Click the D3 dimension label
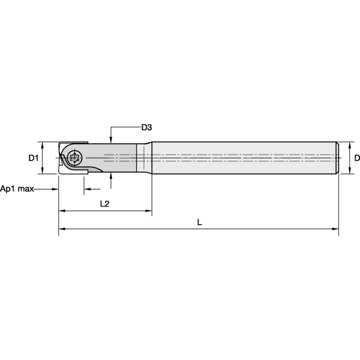(146, 127)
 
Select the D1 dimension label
(34, 158)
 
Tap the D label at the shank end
(356, 158)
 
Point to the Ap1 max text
(17, 188)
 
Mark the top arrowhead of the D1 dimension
(41, 145)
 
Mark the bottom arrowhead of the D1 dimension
(41, 172)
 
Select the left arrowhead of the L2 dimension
(61, 211)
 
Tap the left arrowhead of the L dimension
(61, 229)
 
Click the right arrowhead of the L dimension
(336, 229)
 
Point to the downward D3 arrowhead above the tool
(112, 139)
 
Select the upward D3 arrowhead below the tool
(112, 177)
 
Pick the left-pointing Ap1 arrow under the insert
(86, 189)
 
